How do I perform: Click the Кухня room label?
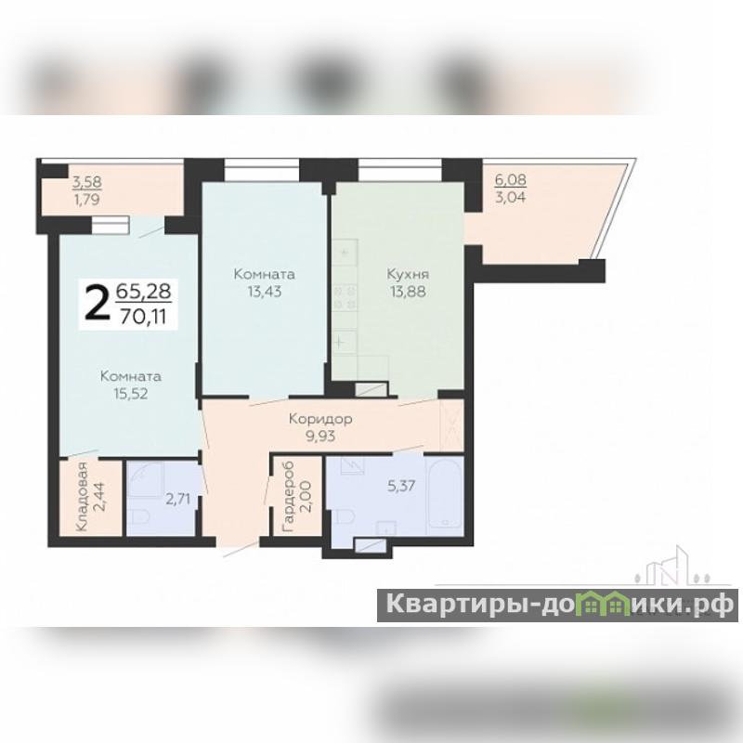coord(408,274)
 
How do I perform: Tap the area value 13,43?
coord(265,292)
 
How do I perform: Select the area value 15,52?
coord(131,393)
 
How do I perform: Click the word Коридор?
coord(320,419)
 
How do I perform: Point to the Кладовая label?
coord(83,497)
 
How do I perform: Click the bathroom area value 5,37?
coord(401,486)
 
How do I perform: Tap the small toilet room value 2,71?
coord(177,499)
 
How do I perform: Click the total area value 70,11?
coord(143,316)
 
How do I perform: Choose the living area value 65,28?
coord(144,291)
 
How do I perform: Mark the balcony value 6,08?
coord(510,180)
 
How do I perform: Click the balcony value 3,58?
coord(86,181)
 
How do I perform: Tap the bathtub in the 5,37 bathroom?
coord(444,494)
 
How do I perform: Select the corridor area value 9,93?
coord(320,436)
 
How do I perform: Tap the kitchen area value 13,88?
coord(408,292)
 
